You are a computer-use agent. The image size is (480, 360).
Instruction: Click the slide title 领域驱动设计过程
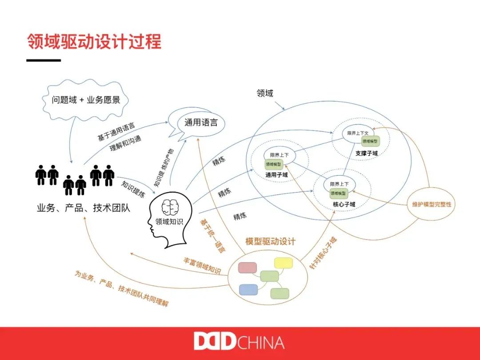[x=94, y=42]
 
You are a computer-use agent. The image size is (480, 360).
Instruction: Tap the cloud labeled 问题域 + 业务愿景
[x=86, y=100]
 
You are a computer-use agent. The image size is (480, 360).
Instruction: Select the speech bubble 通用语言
[x=201, y=122]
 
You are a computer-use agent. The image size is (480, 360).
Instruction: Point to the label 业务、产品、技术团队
[x=83, y=208]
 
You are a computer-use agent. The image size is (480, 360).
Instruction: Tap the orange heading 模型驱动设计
[x=270, y=242]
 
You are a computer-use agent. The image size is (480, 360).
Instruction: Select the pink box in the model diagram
[x=248, y=268]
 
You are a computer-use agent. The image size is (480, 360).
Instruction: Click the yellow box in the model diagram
[x=284, y=263]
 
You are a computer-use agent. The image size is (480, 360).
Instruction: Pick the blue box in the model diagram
[x=248, y=290]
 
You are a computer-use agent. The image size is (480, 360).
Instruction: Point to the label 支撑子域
[x=366, y=153]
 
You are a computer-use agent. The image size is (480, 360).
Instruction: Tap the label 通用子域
[x=276, y=175]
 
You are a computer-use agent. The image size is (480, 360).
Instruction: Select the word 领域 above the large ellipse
[x=265, y=93]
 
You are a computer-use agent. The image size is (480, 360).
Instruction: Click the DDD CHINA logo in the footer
[x=239, y=343]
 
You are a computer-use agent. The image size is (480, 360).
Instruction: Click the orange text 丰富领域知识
[x=202, y=265]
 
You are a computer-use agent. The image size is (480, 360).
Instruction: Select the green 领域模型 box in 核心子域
[x=339, y=193]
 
